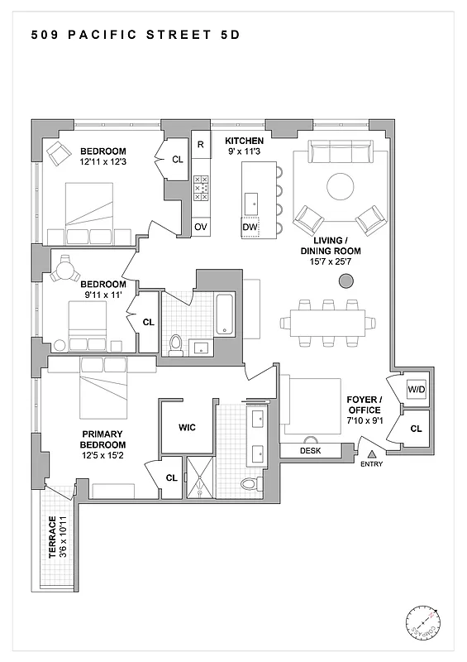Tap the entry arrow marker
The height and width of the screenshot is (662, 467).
click(x=372, y=453)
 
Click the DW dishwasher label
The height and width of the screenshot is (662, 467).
click(x=250, y=227)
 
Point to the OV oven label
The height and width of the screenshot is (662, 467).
click(x=201, y=227)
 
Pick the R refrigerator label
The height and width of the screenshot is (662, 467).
click(x=201, y=145)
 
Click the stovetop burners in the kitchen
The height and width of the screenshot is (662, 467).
click(x=201, y=189)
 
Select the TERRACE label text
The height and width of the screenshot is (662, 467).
click(x=53, y=538)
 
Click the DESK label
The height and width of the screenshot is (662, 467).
click(x=311, y=450)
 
